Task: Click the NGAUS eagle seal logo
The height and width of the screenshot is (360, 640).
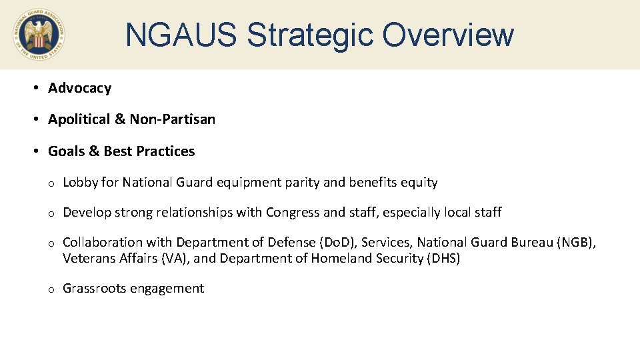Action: pos(38,35)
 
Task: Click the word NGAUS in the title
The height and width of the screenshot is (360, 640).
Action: pos(181,35)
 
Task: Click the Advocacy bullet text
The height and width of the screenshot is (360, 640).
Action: pos(79,88)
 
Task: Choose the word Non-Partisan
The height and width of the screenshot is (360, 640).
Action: pos(172,119)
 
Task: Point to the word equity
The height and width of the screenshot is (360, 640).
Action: pos(419,182)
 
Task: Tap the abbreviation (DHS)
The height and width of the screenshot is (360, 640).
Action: pos(443,259)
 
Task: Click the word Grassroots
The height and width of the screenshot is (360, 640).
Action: pos(93,289)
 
